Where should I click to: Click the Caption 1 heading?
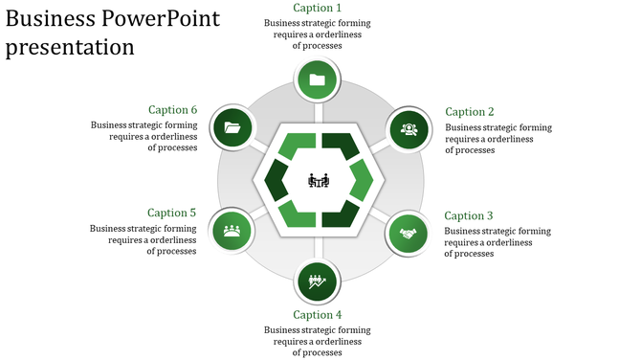[317, 9]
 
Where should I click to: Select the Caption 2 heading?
[470, 112]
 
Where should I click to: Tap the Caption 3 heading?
[469, 216]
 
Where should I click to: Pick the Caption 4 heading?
[317, 315]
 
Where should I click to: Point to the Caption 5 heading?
[172, 213]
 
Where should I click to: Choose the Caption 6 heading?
[172, 110]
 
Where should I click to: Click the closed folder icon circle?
[318, 80]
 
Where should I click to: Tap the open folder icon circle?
[232, 127]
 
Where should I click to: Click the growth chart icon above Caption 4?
[318, 281]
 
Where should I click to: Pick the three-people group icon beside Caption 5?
[232, 231]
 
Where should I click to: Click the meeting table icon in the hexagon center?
[319, 180]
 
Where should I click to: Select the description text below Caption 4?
[317, 341]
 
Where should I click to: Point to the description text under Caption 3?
[497, 242]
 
